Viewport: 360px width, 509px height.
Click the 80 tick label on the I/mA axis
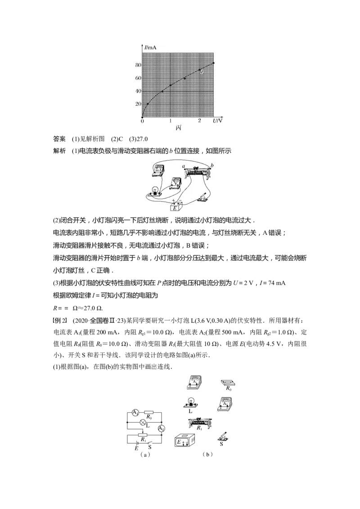[x=138, y=65]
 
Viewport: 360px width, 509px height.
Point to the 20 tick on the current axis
[x=138, y=104]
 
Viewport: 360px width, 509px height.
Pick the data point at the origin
[x=142, y=117]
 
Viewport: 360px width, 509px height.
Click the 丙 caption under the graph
[x=180, y=128]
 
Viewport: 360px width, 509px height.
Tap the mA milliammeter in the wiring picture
[x=158, y=170]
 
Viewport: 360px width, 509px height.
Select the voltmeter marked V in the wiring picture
[x=175, y=183]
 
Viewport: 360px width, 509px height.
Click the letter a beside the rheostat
[x=184, y=166]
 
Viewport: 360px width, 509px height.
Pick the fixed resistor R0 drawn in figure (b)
[x=229, y=383]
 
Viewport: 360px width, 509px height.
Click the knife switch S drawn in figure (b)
[x=223, y=437]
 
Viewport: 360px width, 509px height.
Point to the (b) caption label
[x=207, y=455]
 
